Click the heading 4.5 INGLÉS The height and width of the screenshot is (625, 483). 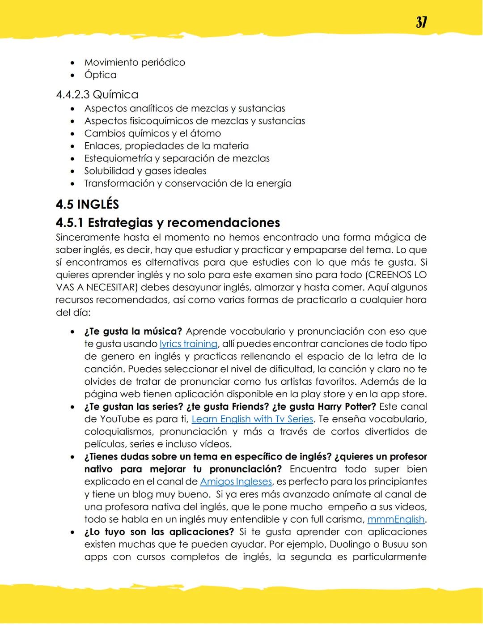87,204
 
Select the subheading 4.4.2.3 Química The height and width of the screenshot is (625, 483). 97,94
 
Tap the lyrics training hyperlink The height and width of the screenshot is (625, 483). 188,344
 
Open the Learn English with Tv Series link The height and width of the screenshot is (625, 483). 252,419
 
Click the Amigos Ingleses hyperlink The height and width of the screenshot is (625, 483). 236,482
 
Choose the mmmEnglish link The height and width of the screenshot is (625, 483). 395,519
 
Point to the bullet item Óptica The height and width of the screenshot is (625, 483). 100,75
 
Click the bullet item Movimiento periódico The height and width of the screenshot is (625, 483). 134,63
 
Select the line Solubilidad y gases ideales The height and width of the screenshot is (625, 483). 145,171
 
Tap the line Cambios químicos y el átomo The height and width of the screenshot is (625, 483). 152,133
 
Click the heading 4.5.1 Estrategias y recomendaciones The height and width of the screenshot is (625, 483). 168,222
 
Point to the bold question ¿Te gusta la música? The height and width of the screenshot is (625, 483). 133,332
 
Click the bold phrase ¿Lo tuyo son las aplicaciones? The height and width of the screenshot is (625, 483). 159,532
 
